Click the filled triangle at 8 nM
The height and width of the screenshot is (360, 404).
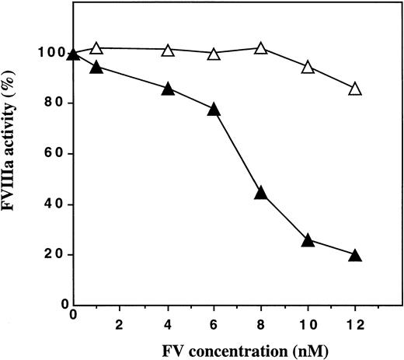click(x=261, y=193)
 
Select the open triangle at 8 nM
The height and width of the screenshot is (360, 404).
click(x=261, y=48)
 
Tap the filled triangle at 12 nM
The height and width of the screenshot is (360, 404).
click(x=355, y=255)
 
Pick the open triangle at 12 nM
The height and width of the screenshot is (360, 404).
click(x=355, y=89)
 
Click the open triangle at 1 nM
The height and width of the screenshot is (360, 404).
click(x=97, y=48)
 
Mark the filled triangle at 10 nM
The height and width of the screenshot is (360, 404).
click(x=308, y=240)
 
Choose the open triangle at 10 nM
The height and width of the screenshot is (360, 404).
click(x=308, y=68)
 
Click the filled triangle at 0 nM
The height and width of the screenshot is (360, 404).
click(x=74, y=54)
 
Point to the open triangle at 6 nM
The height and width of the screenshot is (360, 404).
click(x=214, y=54)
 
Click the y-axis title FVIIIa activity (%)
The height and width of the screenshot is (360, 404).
click(x=16, y=156)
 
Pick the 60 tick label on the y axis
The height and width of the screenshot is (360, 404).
click(x=53, y=154)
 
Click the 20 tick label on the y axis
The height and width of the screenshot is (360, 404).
click(x=53, y=255)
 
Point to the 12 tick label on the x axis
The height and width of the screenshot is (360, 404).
click(x=354, y=318)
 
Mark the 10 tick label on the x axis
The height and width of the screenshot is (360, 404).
click(x=308, y=318)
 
